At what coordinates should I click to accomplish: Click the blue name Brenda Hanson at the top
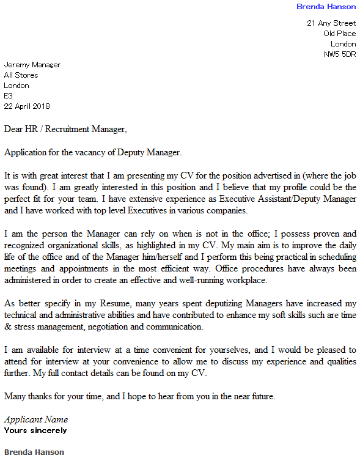pos(326,7)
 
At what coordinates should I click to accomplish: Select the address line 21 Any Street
pos(331,23)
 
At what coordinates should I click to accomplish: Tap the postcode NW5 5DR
pos(340,54)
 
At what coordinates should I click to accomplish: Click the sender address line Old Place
pos(339,34)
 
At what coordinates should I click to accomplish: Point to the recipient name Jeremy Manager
pos(32,65)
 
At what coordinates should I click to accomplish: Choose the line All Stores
pos(21,75)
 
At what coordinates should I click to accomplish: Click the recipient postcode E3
pos(8,96)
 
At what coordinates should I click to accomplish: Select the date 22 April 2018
pos(27,106)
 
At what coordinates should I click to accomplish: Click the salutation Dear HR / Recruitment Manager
pos(66,130)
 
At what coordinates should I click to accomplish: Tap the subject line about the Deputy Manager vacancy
pos(93,152)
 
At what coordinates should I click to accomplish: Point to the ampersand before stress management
pos(7,326)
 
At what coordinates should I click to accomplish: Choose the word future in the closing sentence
pos(260,396)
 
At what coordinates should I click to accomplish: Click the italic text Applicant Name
pos(36,419)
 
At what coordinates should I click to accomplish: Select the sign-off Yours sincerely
pos(35,430)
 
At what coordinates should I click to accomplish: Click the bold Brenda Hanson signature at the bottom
pos(34,452)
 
